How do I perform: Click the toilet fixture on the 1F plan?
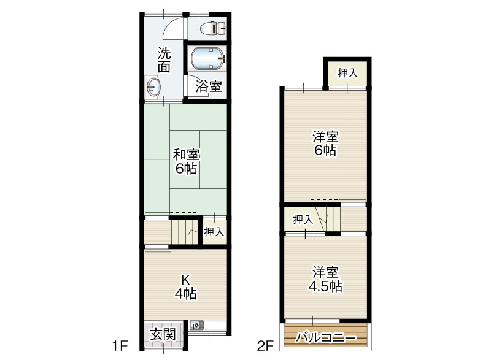point(213,28)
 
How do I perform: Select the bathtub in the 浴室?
point(207,58)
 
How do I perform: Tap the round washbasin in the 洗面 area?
point(153,86)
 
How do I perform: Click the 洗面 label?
point(164,59)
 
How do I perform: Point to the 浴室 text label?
point(209,86)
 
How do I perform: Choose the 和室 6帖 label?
point(187,162)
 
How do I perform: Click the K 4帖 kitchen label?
point(186,287)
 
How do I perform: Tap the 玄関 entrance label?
point(163,335)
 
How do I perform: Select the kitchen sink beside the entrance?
point(196,326)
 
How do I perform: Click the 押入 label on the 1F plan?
point(214,232)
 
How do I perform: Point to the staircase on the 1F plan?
point(184,232)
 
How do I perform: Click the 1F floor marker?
point(120,346)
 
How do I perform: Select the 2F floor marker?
point(265,346)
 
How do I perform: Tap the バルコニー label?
point(327,338)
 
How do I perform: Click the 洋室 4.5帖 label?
point(326,279)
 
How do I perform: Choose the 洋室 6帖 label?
point(326,144)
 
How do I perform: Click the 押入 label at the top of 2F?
point(347,73)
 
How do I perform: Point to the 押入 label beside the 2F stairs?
point(303,220)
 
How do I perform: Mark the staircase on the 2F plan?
point(328,219)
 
